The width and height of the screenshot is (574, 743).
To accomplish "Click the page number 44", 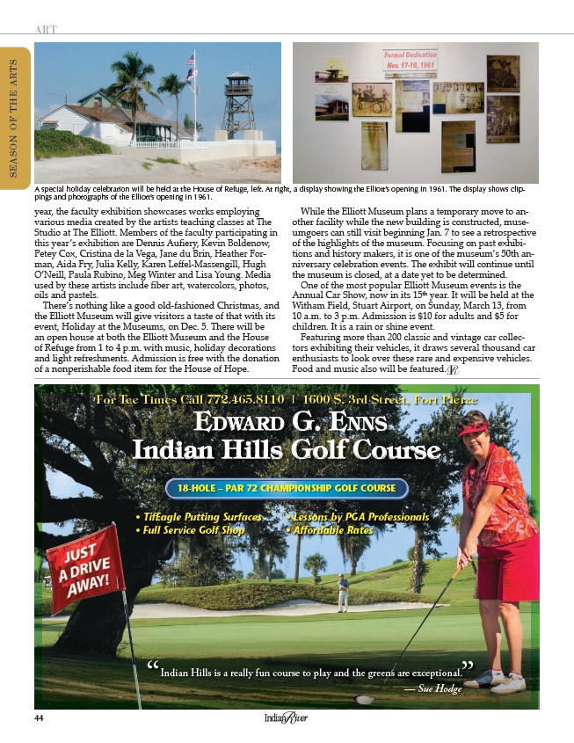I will point(39,718).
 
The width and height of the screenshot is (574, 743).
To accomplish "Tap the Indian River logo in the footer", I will point(287,719).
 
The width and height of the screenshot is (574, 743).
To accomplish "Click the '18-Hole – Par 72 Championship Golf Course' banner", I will point(287,489).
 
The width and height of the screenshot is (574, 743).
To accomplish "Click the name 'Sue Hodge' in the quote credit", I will point(440,688).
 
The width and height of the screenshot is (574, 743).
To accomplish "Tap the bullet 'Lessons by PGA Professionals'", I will point(358,517).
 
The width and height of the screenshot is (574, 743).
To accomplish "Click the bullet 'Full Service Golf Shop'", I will point(190,530).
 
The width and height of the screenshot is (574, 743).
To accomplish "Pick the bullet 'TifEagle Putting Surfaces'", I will point(198,517).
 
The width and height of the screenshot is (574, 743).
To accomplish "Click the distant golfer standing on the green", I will point(343,592).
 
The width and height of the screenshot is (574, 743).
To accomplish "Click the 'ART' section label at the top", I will point(47,29).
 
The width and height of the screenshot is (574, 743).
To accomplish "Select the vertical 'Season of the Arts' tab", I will point(14,124).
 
